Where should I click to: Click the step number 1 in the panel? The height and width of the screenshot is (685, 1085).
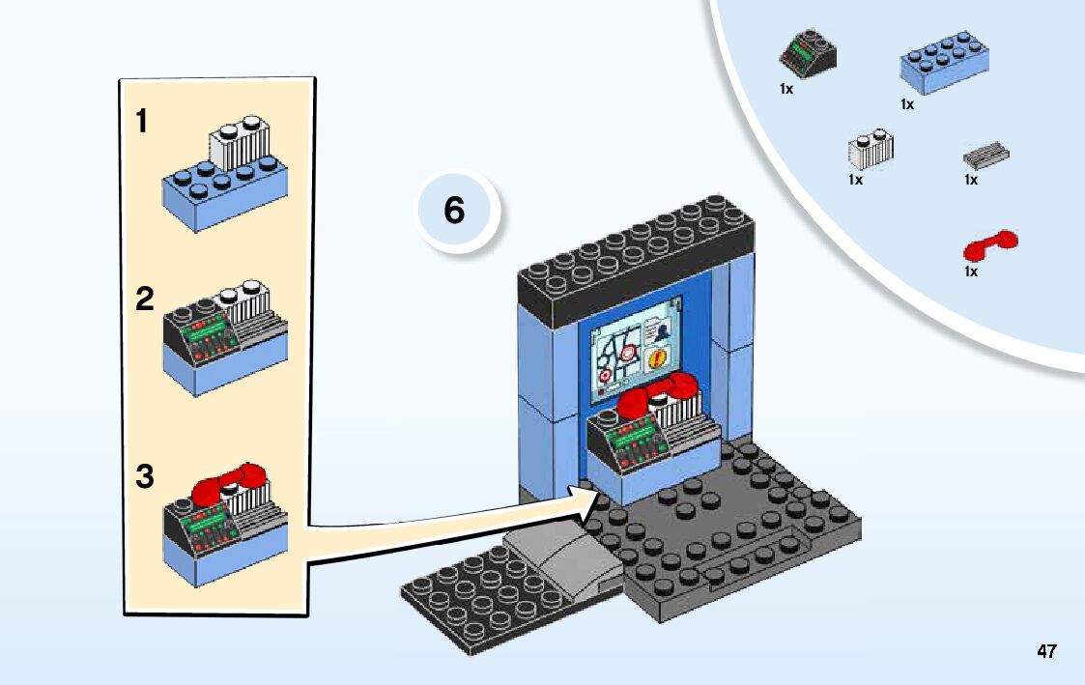[142, 122]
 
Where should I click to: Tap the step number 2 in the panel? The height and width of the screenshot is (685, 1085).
[144, 300]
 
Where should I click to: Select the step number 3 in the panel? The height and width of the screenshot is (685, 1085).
[144, 477]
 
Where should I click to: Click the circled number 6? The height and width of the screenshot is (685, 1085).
[454, 210]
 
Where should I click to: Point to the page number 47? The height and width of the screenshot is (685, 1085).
[1046, 651]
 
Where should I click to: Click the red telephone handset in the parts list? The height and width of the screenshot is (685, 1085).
[990, 245]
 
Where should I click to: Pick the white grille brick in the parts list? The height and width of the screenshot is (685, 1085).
[871, 148]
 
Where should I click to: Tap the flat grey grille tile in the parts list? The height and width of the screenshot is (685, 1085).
[986, 155]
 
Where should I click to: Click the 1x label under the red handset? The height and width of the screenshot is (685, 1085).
[971, 271]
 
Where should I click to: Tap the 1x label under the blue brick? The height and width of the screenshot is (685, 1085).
[907, 104]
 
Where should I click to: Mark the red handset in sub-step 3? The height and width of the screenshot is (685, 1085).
[229, 483]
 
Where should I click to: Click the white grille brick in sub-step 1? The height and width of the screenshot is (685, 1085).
[239, 144]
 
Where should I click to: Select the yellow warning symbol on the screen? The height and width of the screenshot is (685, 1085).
[660, 359]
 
